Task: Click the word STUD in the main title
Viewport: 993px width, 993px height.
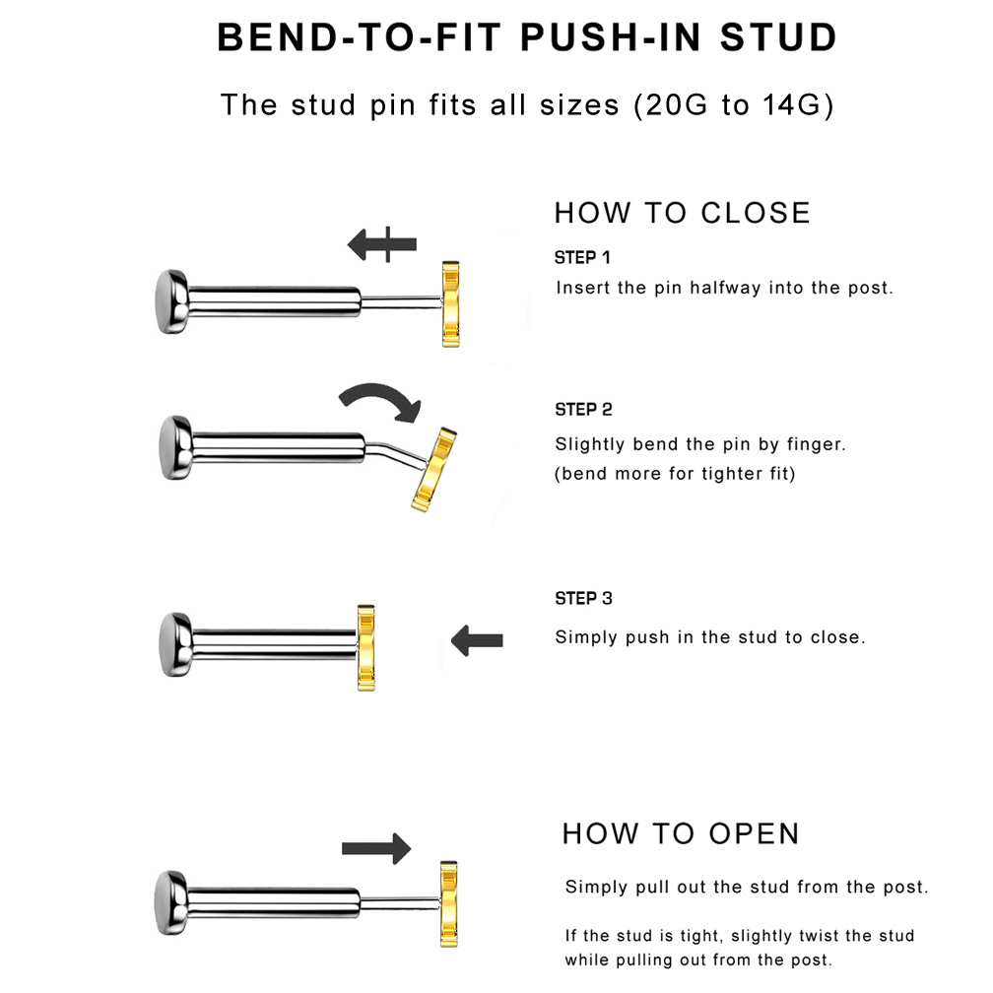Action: point(778,37)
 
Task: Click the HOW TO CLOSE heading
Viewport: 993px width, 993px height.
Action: point(682,213)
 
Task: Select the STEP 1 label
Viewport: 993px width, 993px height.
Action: point(582,258)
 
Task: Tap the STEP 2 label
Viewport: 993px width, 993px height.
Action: point(583,410)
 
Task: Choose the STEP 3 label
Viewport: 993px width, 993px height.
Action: point(583,599)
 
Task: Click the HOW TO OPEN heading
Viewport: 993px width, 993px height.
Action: point(681,833)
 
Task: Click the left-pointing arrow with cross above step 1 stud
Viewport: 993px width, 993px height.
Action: point(382,244)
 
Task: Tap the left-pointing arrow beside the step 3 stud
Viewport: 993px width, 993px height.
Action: point(477,640)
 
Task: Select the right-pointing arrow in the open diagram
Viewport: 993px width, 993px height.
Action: point(376,848)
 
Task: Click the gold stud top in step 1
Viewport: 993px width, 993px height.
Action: point(450,304)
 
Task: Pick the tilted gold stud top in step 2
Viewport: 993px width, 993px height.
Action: point(434,470)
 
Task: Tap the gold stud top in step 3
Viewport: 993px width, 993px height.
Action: point(366,648)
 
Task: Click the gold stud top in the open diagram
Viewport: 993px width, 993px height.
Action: point(449,903)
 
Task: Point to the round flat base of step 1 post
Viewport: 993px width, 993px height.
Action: point(171,301)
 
